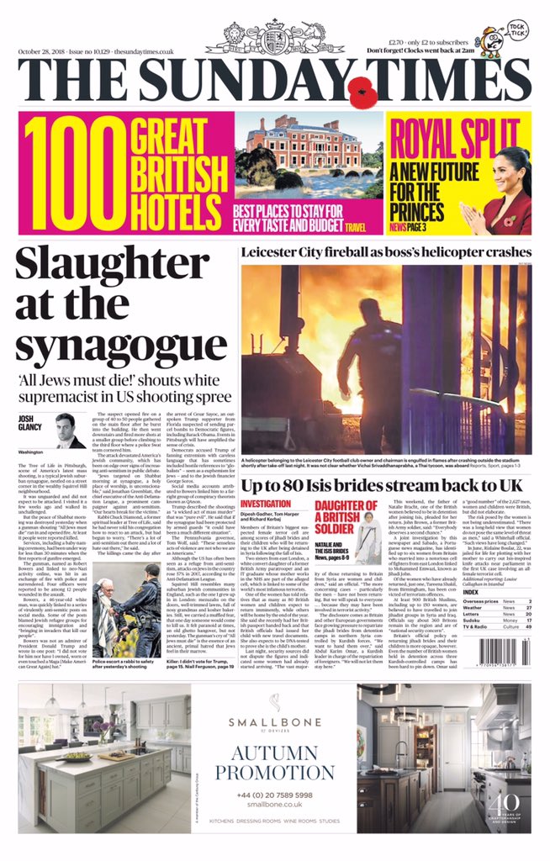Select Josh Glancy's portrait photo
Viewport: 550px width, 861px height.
click(x=71, y=431)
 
